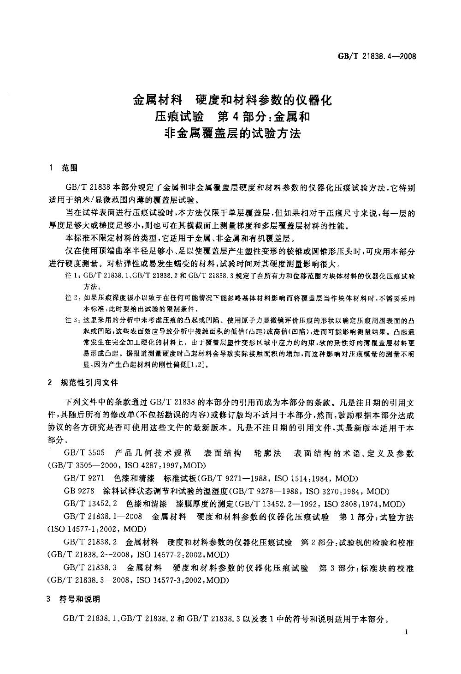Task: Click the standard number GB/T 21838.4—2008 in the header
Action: click(x=377, y=57)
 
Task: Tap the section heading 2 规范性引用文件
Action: click(x=83, y=383)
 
